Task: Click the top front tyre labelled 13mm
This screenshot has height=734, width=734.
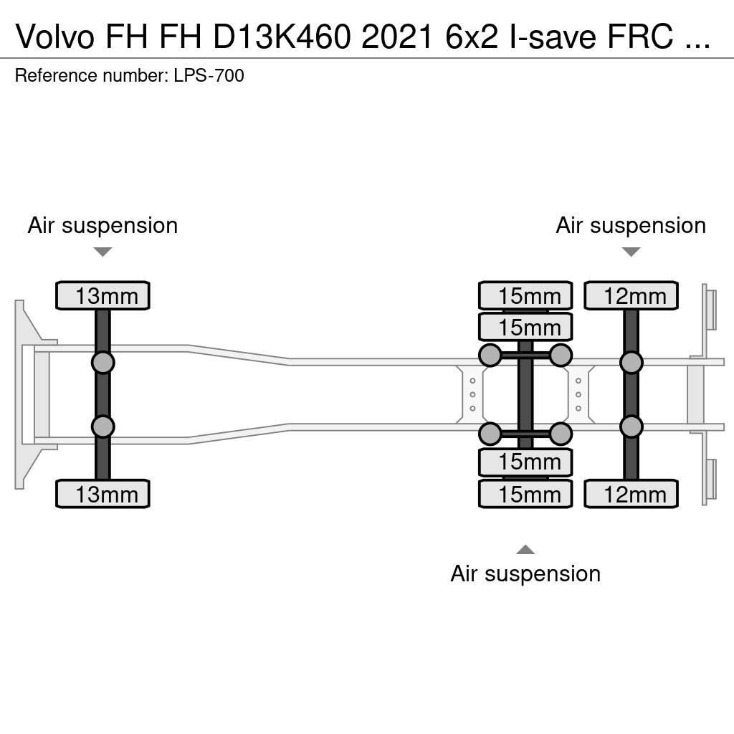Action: pos(103,295)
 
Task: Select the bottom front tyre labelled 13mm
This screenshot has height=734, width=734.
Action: pos(103,494)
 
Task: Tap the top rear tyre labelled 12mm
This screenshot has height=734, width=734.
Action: pos(631,295)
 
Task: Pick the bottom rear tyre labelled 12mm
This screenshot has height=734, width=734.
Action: pos(631,494)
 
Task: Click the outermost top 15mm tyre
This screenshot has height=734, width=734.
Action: pos(525,295)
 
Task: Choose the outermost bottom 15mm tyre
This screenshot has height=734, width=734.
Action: pos(525,494)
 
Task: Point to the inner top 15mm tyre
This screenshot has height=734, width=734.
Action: pos(525,327)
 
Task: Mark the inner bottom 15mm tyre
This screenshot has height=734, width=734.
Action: pos(525,462)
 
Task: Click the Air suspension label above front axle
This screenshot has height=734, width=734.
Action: pos(103,225)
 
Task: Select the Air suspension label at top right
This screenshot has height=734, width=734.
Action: pos(631,225)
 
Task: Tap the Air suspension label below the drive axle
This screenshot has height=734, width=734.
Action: pos(525,573)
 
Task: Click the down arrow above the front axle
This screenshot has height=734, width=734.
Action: pos(103,252)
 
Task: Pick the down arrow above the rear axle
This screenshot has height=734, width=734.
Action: pos(631,252)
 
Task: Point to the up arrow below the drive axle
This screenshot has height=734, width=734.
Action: pos(525,550)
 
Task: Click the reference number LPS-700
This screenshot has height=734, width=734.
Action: pos(209,75)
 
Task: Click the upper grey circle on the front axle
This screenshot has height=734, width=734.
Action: pos(103,362)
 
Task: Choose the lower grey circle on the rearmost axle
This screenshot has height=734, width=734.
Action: pos(631,427)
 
